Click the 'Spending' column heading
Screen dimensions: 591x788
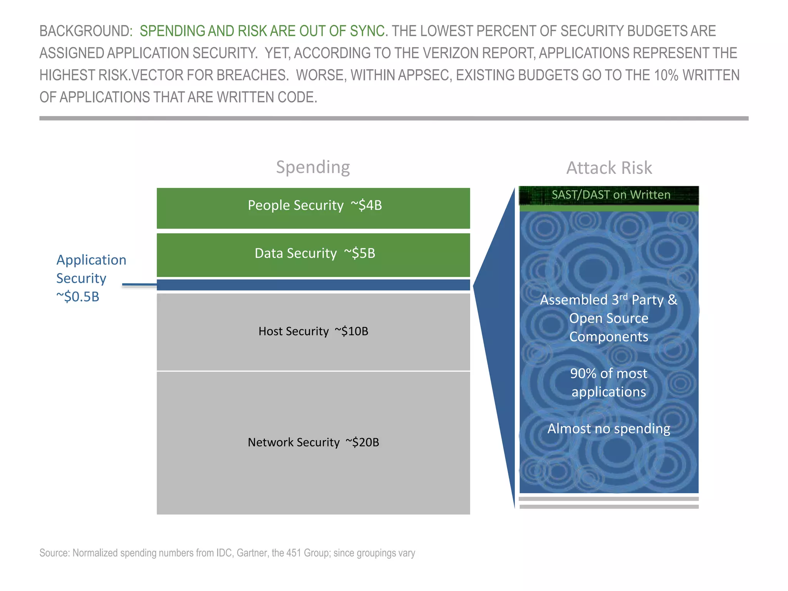coord(313,167)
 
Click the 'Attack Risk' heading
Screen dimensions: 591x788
coord(609,168)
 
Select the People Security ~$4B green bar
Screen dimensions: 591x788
coord(313,208)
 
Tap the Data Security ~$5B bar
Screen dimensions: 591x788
coord(313,255)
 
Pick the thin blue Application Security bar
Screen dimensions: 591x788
coord(313,285)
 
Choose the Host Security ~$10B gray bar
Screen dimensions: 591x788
coord(313,332)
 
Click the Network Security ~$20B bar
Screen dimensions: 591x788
coord(313,442)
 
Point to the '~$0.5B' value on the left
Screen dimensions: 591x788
coord(78,297)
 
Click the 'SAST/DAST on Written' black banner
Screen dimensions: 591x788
coord(609,195)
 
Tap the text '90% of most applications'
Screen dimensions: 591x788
coord(609,382)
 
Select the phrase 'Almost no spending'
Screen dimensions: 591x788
coord(609,429)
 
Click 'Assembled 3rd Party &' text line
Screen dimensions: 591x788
coord(609,300)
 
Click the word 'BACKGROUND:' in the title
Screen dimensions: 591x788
coord(86,31)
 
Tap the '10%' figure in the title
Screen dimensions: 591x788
coord(666,75)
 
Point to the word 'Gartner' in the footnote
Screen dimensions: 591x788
coord(251,553)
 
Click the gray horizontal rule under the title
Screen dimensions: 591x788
coord(394,119)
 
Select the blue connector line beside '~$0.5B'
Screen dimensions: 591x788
coord(139,285)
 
